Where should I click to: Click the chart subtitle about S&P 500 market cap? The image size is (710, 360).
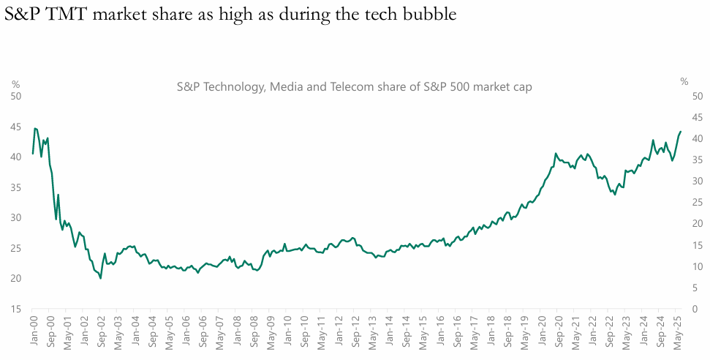[x=354, y=86]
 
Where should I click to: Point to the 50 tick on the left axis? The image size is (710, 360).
[x=16, y=96]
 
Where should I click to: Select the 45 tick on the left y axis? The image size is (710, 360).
[x=16, y=127]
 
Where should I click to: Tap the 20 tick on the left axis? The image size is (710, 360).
[x=16, y=279]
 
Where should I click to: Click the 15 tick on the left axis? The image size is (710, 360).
[x=16, y=310]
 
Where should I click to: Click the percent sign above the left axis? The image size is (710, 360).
[x=15, y=83]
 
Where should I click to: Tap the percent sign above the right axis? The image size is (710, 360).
[x=684, y=81]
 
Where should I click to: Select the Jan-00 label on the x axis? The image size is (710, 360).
[x=33, y=332]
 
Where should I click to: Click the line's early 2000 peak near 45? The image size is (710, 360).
[x=35, y=128]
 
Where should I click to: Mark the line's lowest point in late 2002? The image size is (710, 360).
[x=100, y=278]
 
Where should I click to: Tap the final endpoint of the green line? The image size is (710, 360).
[x=681, y=132]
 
